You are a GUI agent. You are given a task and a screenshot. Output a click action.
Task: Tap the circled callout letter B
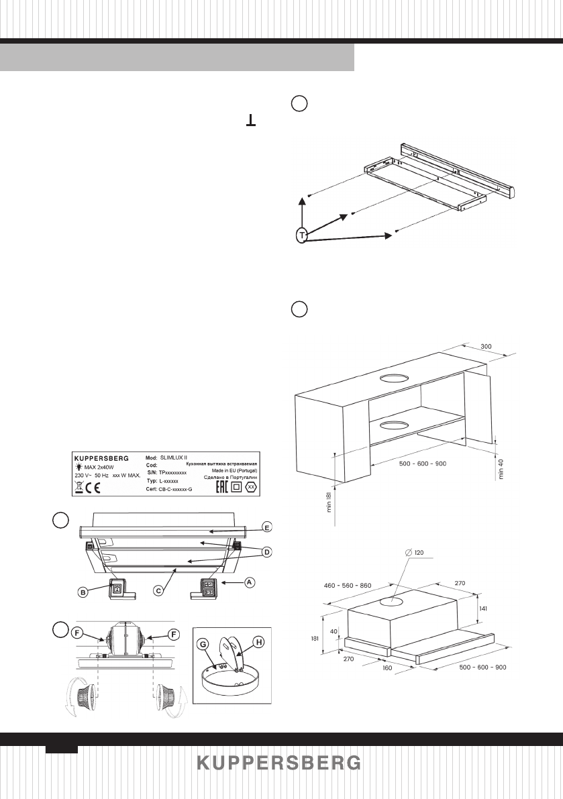point(84,592)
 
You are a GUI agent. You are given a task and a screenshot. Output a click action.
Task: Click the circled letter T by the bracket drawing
point(303,235)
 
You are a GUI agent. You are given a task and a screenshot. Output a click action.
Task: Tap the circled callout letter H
point(258,641)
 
